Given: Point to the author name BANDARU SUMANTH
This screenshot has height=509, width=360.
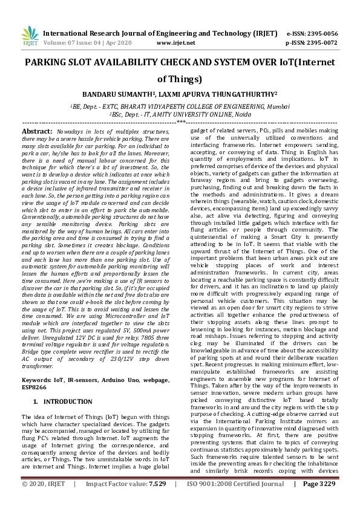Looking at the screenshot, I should (117, 95).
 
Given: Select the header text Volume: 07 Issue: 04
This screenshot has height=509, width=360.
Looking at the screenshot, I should (68, 44).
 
